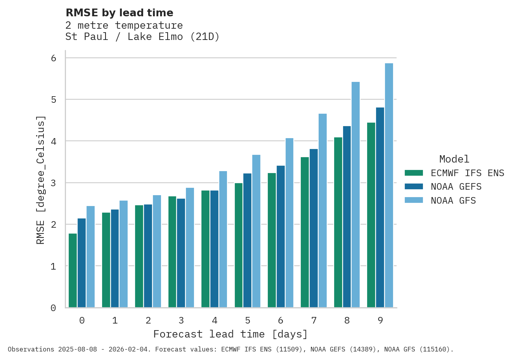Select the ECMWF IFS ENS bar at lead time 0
[x=73, y=270]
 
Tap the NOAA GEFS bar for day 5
[x=247, y=241]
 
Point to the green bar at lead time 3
[x=172, y=252]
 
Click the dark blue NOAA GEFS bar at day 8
[x=347, y=217]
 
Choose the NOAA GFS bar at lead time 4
[x=223, y=239]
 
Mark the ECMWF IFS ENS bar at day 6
[x=272, y=240]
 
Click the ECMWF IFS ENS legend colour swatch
[x=413, y=173]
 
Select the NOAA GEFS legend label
[x=456, y=187]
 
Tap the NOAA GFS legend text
[x=453, y=201]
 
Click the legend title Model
[x=454, y=159]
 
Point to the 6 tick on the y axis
[x=54, y=58]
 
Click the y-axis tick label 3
[x=54, y=183]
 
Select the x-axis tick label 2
[x=148, y=321]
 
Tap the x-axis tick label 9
[x=380, y=321]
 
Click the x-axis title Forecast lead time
[x=231, y=334]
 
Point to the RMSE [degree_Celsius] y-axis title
[x=41, y=180]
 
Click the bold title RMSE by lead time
[x=120, y=13]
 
